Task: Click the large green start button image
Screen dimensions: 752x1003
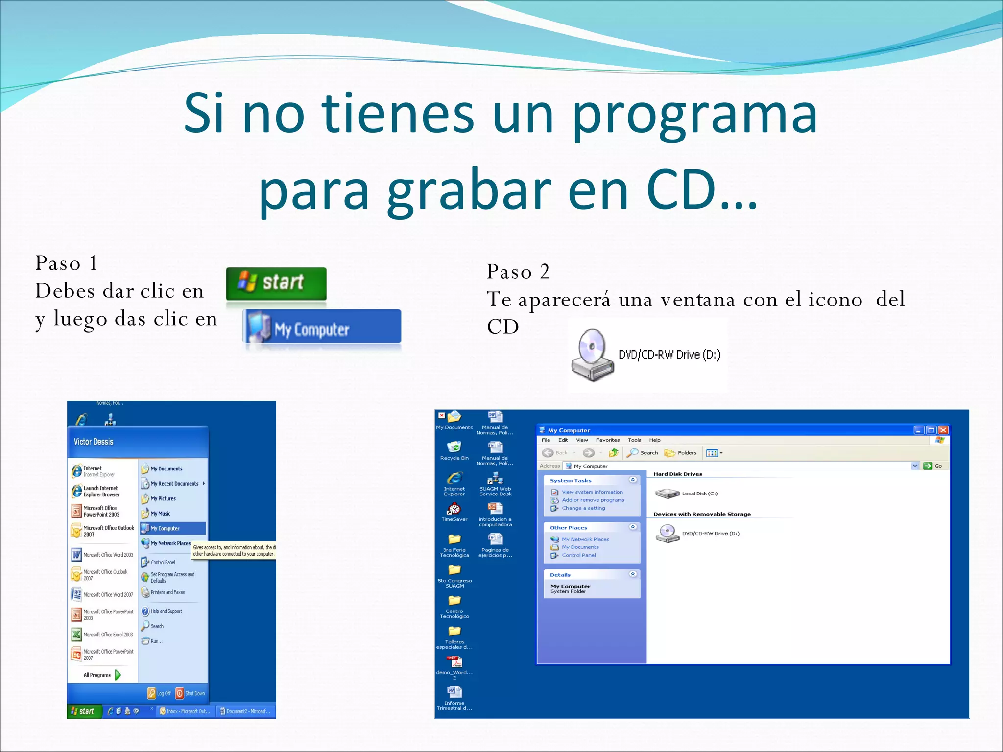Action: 276,283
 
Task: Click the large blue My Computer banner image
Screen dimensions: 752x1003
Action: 322,327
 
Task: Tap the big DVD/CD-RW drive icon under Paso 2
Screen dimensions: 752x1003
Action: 592,355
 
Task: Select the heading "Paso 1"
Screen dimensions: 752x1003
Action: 66,263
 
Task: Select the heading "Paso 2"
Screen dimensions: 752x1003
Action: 518,272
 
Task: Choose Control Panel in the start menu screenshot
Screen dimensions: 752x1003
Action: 163,562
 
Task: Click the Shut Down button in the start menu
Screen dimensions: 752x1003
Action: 191,693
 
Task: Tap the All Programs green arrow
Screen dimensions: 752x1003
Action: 118,675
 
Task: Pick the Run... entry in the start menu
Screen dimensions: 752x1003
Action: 156,641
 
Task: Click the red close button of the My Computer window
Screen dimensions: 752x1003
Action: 943,430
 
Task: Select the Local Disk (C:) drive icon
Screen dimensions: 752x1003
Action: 667,493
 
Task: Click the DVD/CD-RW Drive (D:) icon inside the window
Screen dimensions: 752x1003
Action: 667,533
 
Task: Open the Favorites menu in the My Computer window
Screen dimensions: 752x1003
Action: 607,440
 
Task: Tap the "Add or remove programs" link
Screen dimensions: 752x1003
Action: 593,500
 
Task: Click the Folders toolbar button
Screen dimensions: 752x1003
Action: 681,453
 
